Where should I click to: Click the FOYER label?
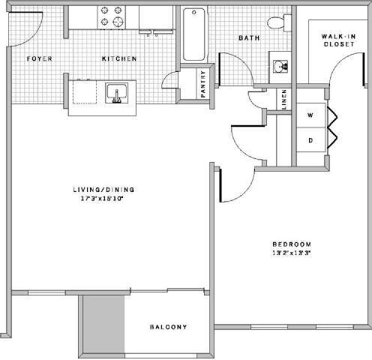(x=38, y=58)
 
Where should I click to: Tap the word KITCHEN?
(x=120, y=58)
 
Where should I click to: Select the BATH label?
(x=248, y=37)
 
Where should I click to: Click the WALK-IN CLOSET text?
(x=338, y=40)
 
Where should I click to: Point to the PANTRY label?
(x=203, y=83)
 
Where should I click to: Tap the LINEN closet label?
(x=284, y=100)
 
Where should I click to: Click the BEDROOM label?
(x=292, y=245)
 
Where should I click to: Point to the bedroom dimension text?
(x=292, y=254)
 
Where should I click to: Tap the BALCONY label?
(x=168, y=327)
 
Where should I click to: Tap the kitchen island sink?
(x=115, y=94)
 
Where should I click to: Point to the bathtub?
(x=193, y=34)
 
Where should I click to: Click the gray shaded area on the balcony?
(x=103, y=323)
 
